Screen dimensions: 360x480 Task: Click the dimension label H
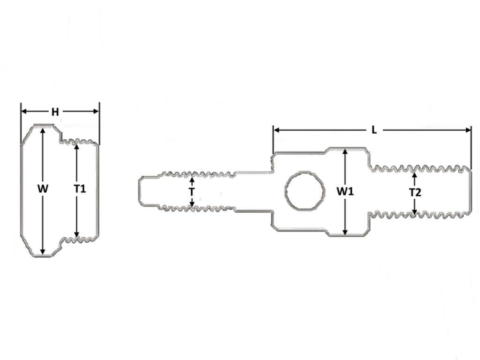point(55,112)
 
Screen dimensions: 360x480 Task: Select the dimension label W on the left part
point(43,189)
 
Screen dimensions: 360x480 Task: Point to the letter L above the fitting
point(374,130)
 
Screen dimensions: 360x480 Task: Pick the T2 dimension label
point(415,192)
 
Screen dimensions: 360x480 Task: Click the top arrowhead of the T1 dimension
point(77,145)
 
